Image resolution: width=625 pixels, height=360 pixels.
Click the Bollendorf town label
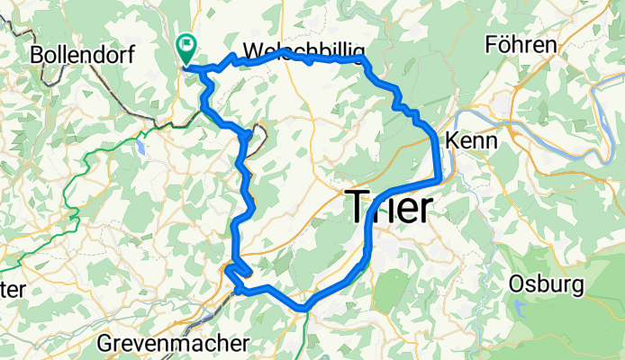pos(82,54)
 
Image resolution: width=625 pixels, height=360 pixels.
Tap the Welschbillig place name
pos(303,49)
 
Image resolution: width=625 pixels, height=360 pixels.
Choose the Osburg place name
pos(546,284)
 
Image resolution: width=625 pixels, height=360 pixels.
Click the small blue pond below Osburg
pos(521,310)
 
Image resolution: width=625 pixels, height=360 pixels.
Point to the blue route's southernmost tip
pos(305,309)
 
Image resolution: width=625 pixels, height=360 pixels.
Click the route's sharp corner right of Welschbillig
pos(364,59)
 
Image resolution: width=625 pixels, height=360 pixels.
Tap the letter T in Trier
pos(358,207)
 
